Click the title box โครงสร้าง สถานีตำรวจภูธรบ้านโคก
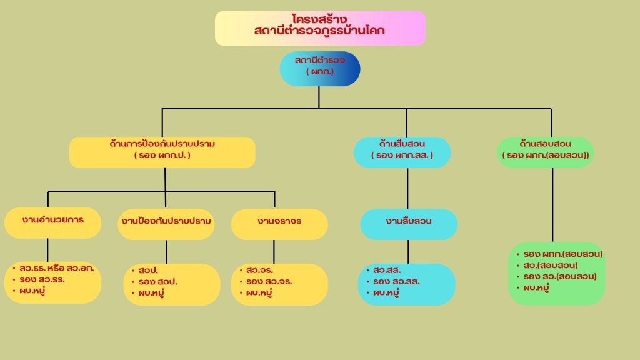click(x=320, y=28)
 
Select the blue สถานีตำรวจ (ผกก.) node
click(x=320, y=68)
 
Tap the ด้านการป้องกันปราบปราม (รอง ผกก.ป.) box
click(x=162, y=152)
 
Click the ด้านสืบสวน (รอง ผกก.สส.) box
click(x=402, y=152)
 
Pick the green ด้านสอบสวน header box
click(x=545, y=152)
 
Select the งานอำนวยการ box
click(x=52, y=222)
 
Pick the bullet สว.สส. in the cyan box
click(x=387, y=271)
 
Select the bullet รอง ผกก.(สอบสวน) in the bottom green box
click(x=563, y=254)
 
